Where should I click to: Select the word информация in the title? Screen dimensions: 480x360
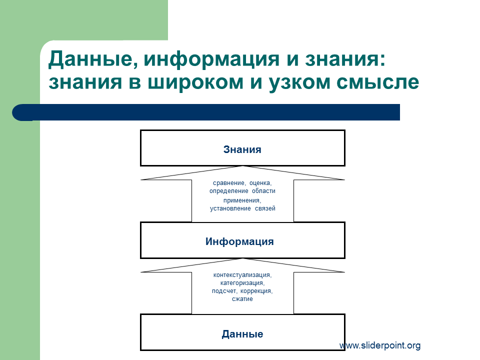tap(211, 59)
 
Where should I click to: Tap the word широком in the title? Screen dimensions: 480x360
tap(195, 82)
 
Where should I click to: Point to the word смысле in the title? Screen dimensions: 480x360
tap(378, 82)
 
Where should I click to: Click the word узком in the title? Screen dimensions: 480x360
tap(299, 82)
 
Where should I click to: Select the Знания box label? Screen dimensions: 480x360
tap(242, 149)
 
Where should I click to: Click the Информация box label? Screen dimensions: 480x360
tap(239, 241)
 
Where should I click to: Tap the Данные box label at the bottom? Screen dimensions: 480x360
tap(242, 334)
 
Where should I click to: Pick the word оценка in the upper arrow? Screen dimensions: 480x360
tap(260, 183)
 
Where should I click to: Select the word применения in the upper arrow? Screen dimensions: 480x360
tap(242, 200)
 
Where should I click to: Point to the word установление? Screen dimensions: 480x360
tap(230, 208)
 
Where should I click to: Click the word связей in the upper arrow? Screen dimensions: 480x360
tap(265, 208)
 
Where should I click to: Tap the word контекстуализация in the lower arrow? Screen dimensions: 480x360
tap(242, 275)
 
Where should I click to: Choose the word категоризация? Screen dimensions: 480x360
tap(242, 283)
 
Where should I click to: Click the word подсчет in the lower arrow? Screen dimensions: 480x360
tap(224, 291)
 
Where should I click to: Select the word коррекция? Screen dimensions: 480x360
tap(256, 291)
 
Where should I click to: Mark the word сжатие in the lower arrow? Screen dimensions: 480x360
tap(242, 299)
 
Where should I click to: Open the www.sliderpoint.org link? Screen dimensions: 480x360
tap(380, 345)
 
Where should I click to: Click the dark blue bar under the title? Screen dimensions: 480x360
tap(206, 112)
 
